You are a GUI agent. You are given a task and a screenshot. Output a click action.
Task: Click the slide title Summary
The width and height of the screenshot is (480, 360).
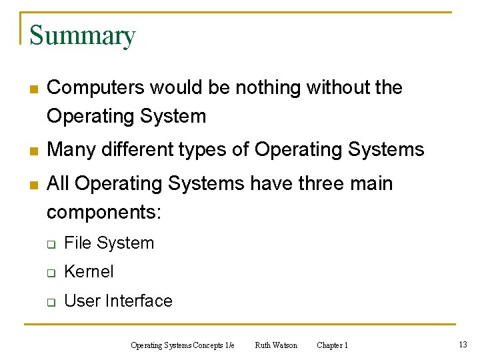[82, 35]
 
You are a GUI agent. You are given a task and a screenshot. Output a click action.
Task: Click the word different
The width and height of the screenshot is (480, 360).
[133, 149]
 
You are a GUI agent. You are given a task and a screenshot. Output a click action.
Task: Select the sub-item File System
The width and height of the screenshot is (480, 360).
[109, 243]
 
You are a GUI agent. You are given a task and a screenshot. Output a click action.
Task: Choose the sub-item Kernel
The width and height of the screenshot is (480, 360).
[89, 272]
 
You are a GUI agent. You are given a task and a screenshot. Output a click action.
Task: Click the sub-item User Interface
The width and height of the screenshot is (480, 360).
[118, 301]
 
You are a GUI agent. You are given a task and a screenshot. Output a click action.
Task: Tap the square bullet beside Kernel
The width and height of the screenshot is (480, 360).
[51, 273]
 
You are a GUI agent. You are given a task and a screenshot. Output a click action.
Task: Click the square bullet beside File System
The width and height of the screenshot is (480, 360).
[51, 244]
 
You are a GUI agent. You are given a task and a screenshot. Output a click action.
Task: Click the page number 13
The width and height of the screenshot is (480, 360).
[463, 344]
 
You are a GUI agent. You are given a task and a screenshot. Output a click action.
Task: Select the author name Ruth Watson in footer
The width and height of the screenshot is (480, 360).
[276, 345]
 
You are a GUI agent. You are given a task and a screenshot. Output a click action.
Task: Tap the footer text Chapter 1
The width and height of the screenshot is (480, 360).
[332, 345]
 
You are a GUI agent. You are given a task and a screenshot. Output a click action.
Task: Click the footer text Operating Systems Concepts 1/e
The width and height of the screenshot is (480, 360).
[183, 345]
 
